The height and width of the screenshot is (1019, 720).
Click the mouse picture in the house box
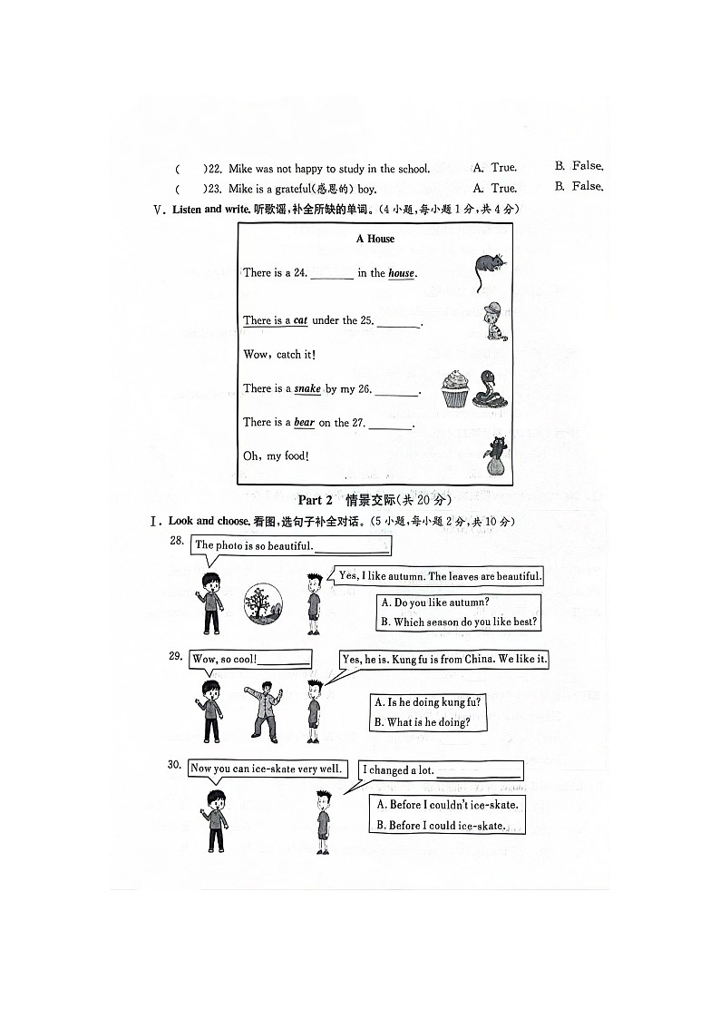coord(490,266)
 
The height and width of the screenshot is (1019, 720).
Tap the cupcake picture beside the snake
coord(455,388)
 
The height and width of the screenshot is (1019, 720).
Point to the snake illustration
coord(491,388)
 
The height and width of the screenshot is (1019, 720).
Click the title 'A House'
coord(375,239)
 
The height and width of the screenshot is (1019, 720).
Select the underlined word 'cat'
coord(300,320)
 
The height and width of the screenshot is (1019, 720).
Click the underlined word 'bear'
coord(304,423)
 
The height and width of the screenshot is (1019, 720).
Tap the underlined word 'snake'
coord(307,388)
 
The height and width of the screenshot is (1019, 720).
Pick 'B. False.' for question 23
coord(579,186)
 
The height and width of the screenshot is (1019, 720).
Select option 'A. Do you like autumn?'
coord(435,603)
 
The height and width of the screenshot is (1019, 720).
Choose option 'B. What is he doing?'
coord(422,722)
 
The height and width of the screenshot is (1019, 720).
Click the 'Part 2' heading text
coord(316,500)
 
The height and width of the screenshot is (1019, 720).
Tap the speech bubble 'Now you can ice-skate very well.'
coord(267,769)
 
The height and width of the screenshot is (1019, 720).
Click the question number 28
coord(177,541)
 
